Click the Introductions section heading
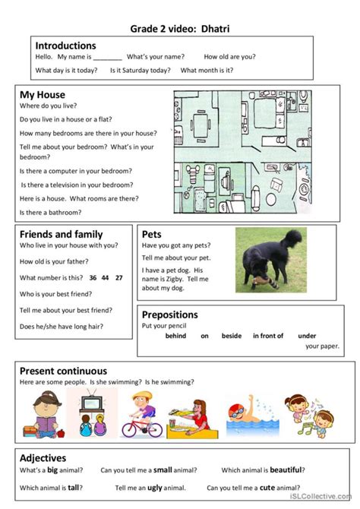point(65,46)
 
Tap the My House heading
point(42,95)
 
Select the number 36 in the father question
point(93,277)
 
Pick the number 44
point(106,277)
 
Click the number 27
point(118,277)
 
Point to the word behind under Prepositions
point(175,335)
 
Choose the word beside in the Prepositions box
point(232,335)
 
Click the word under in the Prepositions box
point(307,335)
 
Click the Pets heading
point(152,234)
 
